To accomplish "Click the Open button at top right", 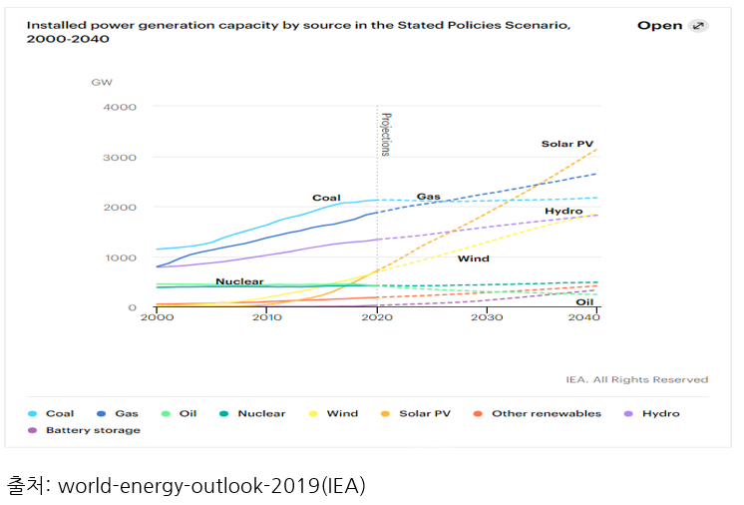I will pos(672,25).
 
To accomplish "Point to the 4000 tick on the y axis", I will pos(120,107).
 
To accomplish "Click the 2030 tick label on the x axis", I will pos(487,317).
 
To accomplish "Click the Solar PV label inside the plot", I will pos(566,144).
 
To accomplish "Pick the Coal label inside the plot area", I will pos(326,198).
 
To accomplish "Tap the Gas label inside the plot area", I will pos(428,197).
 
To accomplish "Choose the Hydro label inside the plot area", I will pos(563,212).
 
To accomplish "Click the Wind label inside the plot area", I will pos(473,258).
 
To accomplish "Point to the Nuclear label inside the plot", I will pos(239,281).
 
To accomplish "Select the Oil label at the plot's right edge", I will pos(584,301).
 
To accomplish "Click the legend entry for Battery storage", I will pos(93,430).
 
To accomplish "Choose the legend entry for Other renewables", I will pos(546,413).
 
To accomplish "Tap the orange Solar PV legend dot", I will pos(384,413).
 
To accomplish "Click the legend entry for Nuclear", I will pos(260,413).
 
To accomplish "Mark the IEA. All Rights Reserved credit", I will pos(636,379).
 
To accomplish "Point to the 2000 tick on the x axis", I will pos(156,317).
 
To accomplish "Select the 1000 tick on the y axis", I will pos(120,257).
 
